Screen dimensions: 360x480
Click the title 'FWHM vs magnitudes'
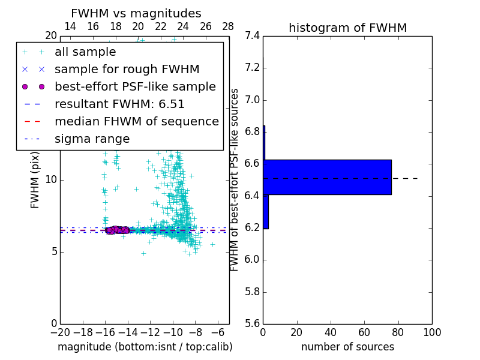click(x=136, y=13)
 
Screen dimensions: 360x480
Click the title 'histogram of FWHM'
click(x=347, y=28)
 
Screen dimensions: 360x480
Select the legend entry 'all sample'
click(x=85, y=52)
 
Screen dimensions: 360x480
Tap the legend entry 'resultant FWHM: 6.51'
click(x=119, y=104)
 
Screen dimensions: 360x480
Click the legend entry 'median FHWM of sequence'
click(x=137, y=121)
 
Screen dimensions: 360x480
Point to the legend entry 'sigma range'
click(x=92, y=139)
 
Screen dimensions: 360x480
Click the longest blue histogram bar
click(x=327, y=177)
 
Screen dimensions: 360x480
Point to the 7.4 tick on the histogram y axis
click(x=253, y=36)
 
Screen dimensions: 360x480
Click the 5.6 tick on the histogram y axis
click(x=253, y=324)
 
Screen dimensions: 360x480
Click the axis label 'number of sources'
click(x=347, y=347)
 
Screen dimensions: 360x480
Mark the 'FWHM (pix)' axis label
click(x=35, y=180)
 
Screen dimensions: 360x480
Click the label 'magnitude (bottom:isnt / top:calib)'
click(x=145, y=347)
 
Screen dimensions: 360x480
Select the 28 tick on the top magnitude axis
click(x=229, y=26)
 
